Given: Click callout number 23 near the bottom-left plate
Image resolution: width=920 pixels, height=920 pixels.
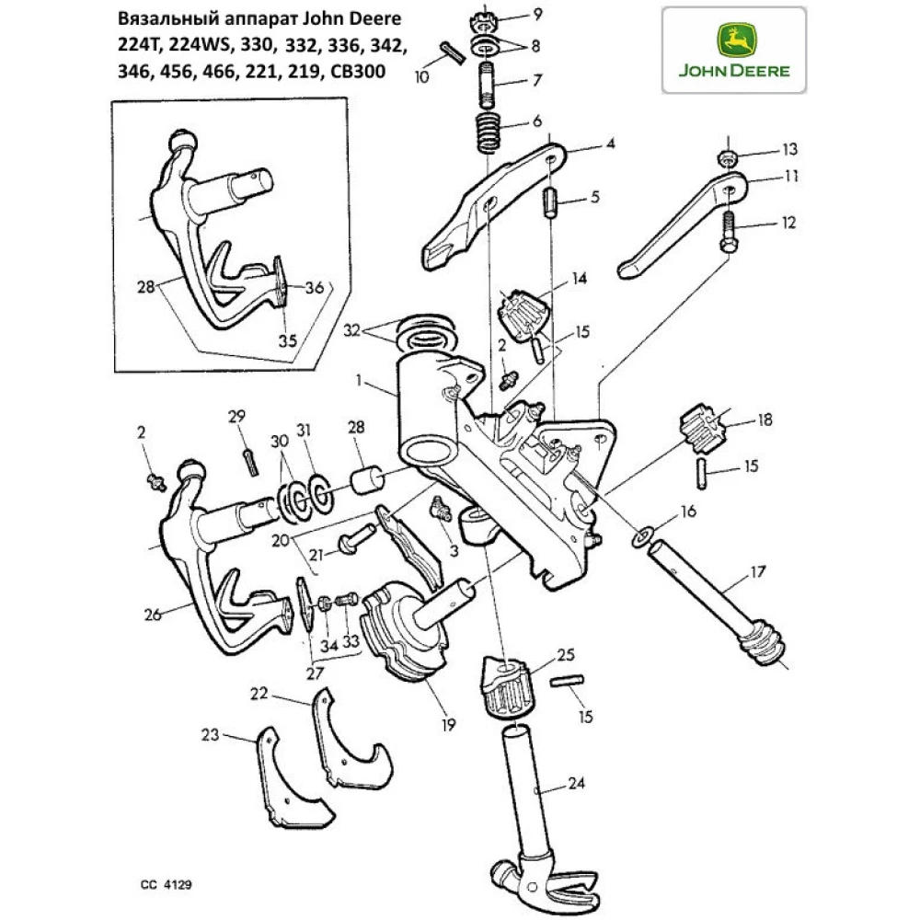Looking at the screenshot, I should click(212, 734).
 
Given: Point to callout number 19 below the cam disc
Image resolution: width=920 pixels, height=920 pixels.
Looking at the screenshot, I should click(448, 725).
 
